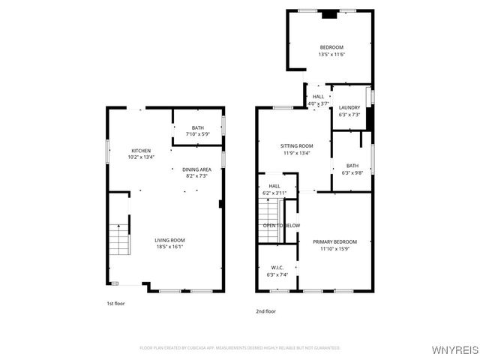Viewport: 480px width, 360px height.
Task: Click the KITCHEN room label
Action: coord(141,151)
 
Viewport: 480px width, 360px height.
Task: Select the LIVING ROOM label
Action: coord(169,240)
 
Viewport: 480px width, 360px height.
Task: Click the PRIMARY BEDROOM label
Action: coord(334,241)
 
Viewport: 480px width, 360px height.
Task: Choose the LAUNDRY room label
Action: coord(349,108)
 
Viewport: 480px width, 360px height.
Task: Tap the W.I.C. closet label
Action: coord(277,268)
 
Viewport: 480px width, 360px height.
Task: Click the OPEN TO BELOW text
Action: coord(281,225)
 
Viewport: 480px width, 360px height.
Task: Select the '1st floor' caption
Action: coord(115,304)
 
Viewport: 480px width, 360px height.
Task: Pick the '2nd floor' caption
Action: coord(266,310)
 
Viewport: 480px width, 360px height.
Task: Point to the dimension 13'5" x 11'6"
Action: coord(331,54)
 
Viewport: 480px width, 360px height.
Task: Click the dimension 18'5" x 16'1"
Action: coord(169,246)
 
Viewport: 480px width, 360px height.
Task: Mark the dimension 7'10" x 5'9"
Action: coord(197,134)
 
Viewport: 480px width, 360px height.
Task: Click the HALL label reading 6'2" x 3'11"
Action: coord(274,190)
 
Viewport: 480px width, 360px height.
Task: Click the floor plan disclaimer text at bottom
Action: coord(240,347)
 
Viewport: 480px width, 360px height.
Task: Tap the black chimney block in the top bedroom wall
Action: coord(328,13)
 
